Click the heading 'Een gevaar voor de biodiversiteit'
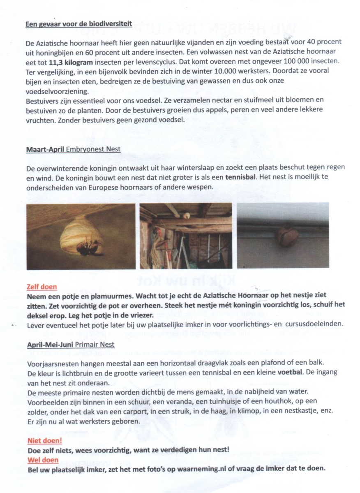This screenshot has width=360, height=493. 79,24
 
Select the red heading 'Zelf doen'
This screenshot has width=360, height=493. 42,287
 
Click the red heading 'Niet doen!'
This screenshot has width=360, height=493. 44,441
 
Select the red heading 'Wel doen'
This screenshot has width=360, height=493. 42,459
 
